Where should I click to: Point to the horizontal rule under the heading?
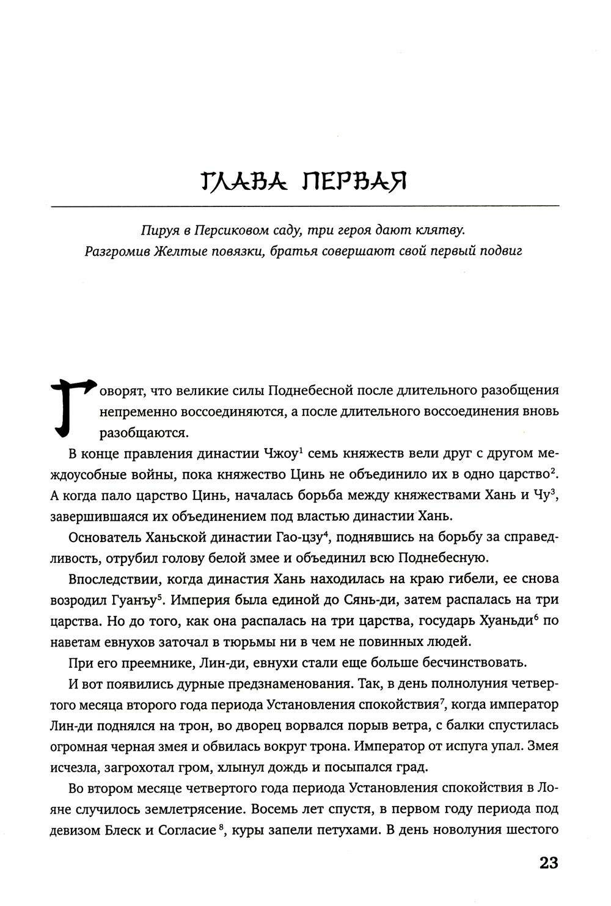tap(305, 207)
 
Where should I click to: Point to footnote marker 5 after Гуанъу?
tap(159, 596)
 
